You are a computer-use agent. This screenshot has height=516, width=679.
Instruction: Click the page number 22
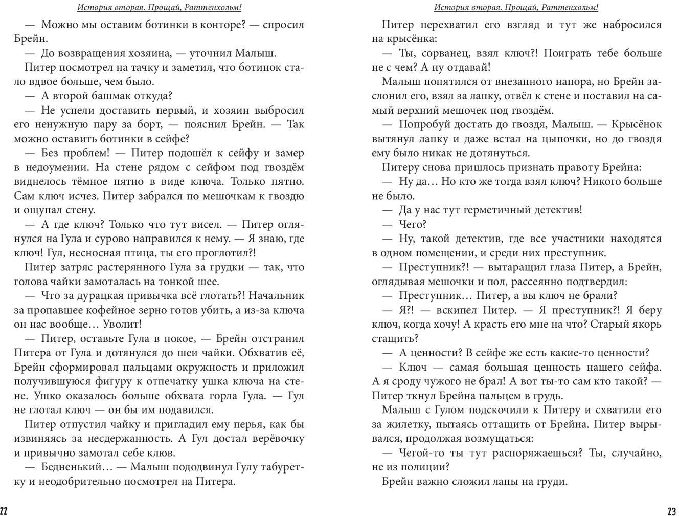click(5, 510)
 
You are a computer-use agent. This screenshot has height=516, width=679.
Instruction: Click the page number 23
click(672, 510)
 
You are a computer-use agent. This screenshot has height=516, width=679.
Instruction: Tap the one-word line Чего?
click(413, 224)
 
